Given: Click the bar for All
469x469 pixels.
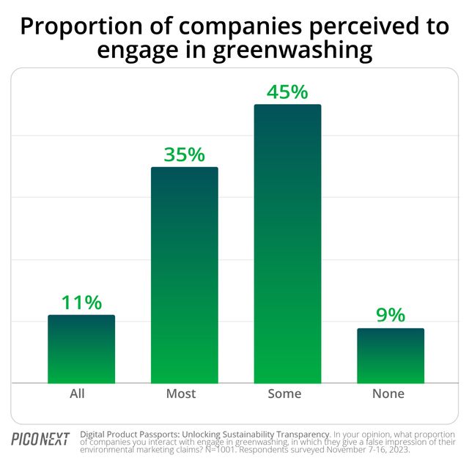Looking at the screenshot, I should tap(81, 350).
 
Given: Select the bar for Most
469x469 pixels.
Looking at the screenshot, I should tap(185, 275).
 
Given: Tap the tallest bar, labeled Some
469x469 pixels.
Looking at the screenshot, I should tap(287, 243).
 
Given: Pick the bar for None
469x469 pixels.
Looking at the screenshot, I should tap(391, 356).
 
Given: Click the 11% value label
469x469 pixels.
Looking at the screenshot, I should tap(81, 303).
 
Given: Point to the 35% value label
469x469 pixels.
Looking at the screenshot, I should tap(185, 155).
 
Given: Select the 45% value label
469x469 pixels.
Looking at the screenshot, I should tap(288, 92).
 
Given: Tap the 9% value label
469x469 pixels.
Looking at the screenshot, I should tap(391, 315).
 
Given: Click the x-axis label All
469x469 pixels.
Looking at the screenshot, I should tap(77, 394).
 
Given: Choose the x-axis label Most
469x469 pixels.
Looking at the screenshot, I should tap(181, 394).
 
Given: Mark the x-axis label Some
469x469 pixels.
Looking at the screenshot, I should tap(284, 394).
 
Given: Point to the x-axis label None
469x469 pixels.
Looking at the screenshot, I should tap(388, 394).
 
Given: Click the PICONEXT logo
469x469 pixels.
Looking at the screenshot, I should tap(40, 439).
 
